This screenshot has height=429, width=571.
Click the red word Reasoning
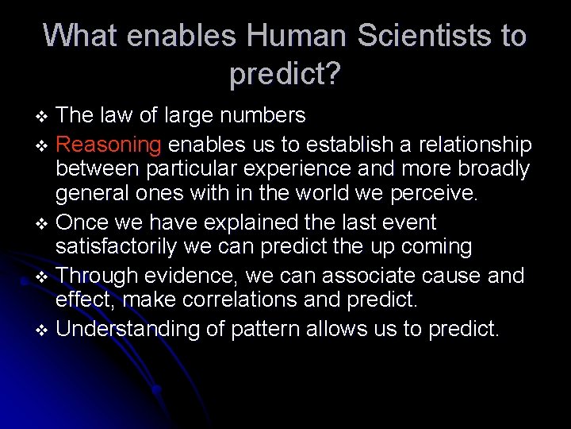coord(109,144)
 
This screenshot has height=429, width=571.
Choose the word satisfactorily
coord(116,248)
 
